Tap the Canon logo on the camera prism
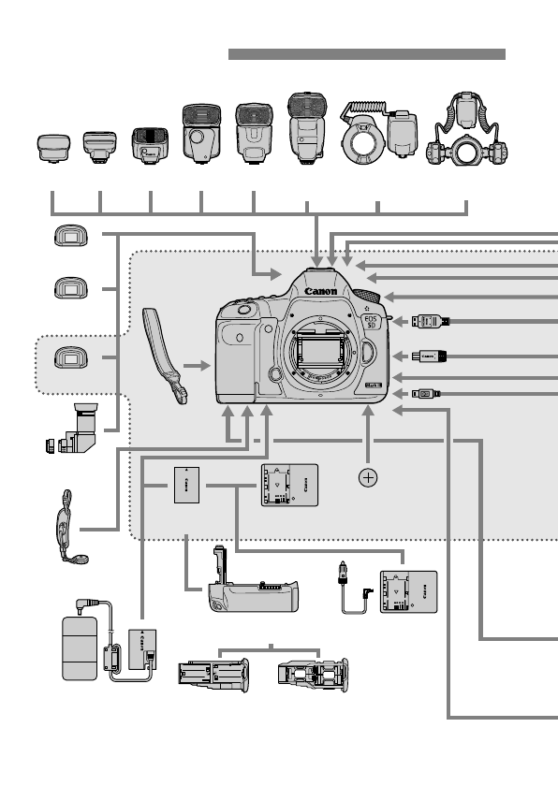pos(320,291)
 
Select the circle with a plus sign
pos(369,477)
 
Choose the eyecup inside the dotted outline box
pos(66,357)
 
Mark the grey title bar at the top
pos(367,54)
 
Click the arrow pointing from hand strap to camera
pos(198,367)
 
